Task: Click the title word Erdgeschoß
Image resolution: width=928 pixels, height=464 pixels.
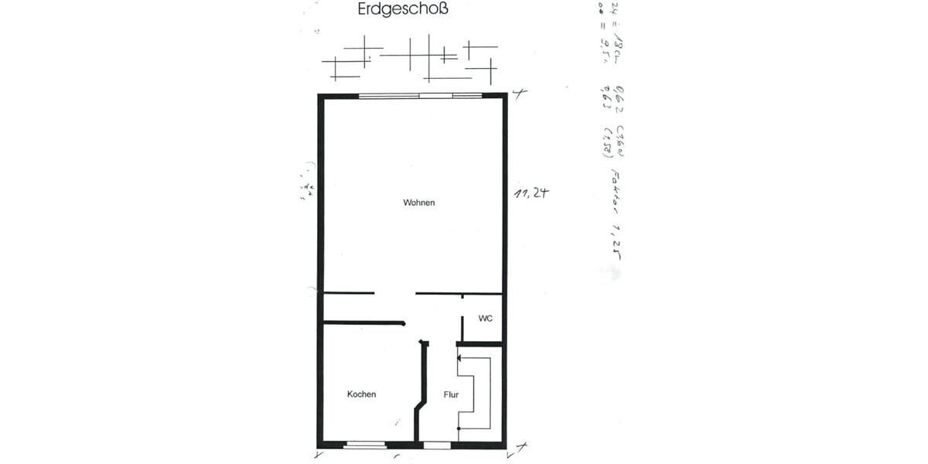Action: tap(404, 10)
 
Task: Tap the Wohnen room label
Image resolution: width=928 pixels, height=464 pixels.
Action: tap(419, 203)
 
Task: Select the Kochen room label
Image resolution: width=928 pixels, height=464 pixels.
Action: tap(361, 394)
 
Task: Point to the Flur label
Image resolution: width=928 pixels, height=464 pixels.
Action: tap(452, 394)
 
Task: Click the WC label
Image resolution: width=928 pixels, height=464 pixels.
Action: tap(485, 319)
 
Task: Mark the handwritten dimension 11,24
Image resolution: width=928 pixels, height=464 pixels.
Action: tap(531, 194)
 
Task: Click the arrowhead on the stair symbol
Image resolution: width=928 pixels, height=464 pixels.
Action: tap(460, 358)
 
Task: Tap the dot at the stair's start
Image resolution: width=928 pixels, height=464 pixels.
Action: tap(459, 427)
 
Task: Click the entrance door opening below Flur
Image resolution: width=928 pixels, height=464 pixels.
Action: tap(437, 444)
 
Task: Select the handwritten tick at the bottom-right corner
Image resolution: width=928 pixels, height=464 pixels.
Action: tap(521, 447)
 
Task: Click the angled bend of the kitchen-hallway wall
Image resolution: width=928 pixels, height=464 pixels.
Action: tap(419, 404)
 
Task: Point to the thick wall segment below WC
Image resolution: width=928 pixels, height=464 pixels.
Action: tap(480, 343)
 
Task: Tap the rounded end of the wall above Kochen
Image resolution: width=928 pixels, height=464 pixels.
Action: tap(403, 323)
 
